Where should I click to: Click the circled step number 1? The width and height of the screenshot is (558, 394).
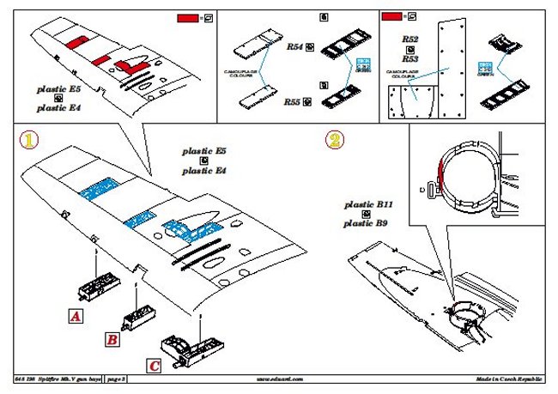tap(28, 140)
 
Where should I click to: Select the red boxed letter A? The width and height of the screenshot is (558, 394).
tap(75, 316)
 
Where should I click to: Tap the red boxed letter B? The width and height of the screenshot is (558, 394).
tap(112, 339)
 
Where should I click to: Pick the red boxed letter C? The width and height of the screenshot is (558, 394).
tap(153, 366)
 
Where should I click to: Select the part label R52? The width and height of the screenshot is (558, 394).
tap(409, 40)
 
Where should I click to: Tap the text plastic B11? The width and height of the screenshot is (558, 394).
tap(368, 205)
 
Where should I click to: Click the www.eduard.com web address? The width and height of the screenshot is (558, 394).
tap(279, 378)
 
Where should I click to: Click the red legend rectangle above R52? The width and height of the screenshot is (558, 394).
tap(391, 16)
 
